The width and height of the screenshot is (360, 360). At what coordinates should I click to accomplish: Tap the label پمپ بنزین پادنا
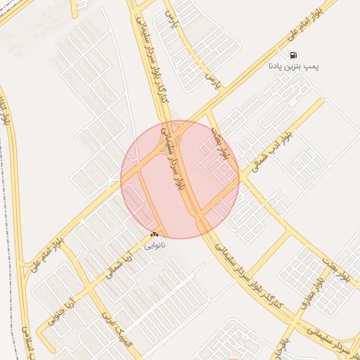[x=293, y=66]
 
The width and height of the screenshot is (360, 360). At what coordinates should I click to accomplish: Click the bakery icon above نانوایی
[x=155, y=234]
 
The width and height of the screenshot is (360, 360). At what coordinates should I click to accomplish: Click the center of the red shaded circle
[x=180, y=179]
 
